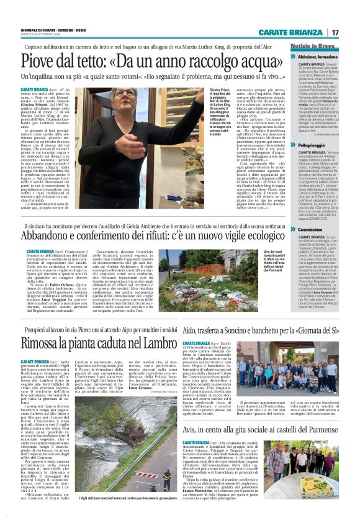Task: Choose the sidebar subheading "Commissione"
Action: pyautogui.click(x=312, y=229)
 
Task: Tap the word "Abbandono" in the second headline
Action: pyautogui.click(x=55, y=236)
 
